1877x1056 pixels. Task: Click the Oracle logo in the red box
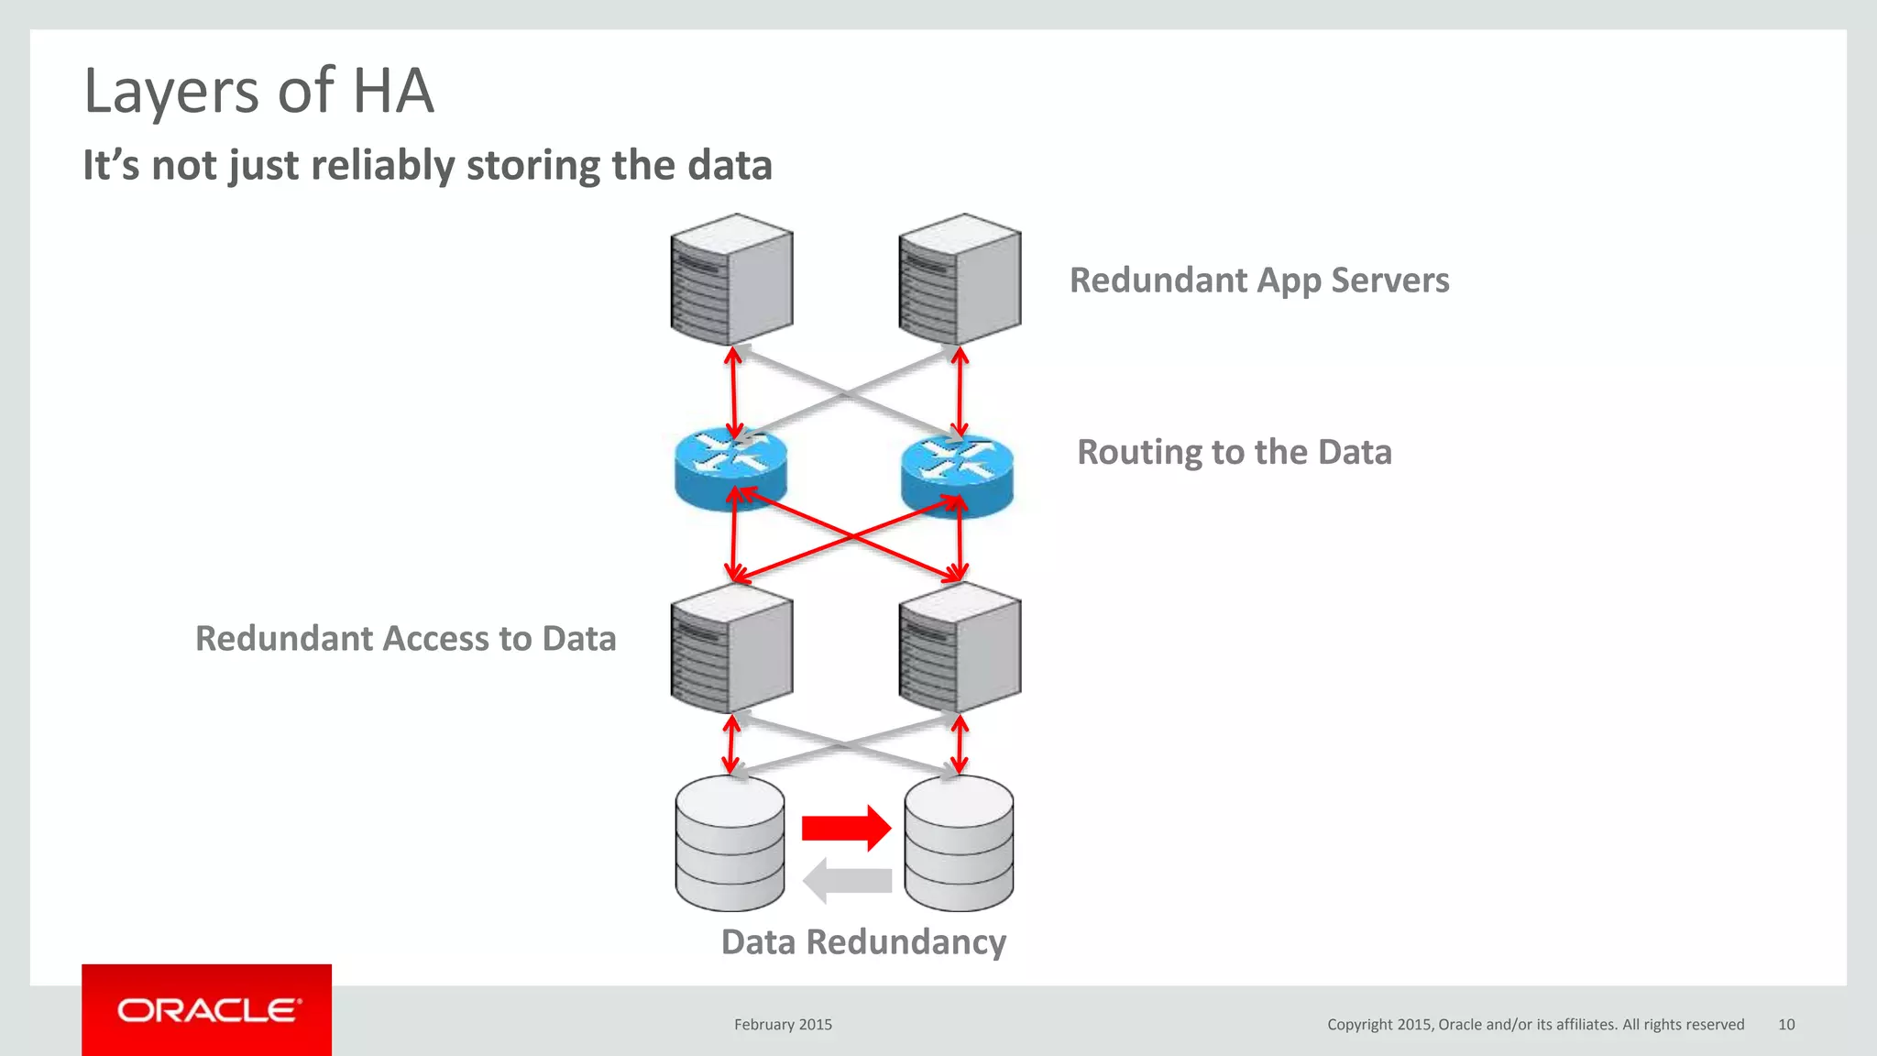point(208,1010)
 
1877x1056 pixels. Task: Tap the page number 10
point(1786,1025)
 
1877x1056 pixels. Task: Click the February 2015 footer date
point(783,1025)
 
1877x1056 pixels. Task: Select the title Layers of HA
point(258,91)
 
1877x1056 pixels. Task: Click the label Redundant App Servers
point(1259,280)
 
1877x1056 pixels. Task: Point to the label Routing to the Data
point(1234,453)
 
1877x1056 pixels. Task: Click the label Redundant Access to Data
point(405,639)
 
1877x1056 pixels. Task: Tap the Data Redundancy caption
point(863,942)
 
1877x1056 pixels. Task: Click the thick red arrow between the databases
point(845,829)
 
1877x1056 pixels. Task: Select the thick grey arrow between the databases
point(847,881)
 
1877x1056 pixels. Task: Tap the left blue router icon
point(730,468)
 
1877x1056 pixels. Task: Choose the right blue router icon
point(957,474)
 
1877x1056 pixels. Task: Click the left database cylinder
point(730,843)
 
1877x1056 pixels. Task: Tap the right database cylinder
point(959,843)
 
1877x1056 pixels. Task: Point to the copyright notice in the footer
point(1535,1025)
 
